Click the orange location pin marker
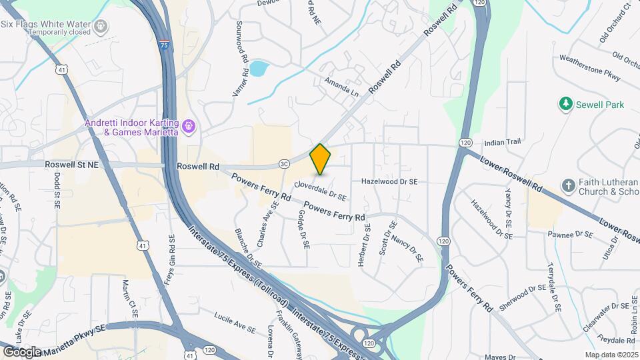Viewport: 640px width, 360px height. coord(320,159)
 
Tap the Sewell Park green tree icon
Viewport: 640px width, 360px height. coord(566,104)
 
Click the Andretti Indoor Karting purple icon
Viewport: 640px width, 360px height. coord(189,125)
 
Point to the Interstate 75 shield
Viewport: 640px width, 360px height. coord(164,45)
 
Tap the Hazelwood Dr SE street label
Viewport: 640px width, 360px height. coord(389,181)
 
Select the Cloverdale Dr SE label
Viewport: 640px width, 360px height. coord(320,191)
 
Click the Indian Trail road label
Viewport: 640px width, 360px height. coord(502,142)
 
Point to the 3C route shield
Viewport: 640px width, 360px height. coord(284,163)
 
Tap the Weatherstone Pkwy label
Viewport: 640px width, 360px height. coord(590,68)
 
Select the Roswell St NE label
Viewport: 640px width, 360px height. coord(72,163)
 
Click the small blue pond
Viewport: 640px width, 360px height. coord(258,68)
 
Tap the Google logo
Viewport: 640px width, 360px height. coord(21,351)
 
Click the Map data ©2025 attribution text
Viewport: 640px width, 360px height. coord(611,355)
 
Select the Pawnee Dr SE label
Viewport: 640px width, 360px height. coord(570,235)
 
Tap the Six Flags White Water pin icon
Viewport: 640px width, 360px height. coord(101,26)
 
